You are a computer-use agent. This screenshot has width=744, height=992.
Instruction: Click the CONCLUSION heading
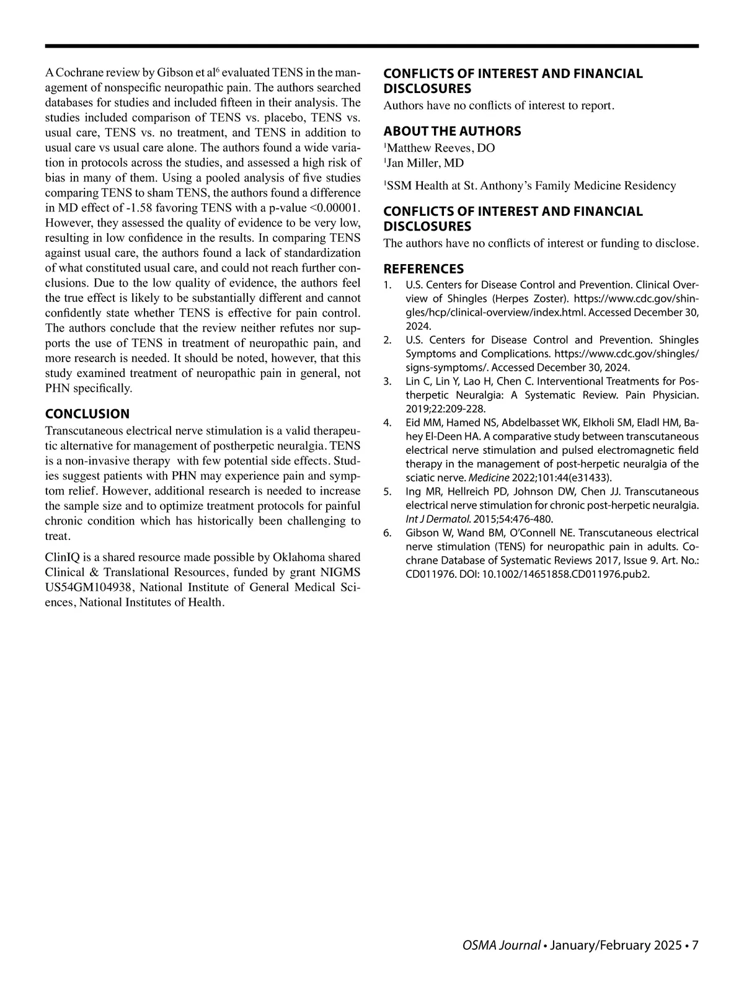tap(87, 414)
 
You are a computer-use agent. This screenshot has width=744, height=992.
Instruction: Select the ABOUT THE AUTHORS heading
tap(452, 131)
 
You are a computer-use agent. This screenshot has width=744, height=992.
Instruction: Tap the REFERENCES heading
tap(423, 269)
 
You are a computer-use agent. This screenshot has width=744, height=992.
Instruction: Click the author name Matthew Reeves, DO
tap(441, 148)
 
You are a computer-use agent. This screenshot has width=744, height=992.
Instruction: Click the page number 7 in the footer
tap(695, 945)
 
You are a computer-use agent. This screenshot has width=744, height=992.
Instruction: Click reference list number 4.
tap(387, 423)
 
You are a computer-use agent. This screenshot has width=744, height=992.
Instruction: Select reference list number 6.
tap(387, 533)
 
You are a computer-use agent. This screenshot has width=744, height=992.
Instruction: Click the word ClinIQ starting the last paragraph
tap(61, 557)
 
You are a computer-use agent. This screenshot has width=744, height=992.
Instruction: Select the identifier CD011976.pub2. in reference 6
tap(610, 574)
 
